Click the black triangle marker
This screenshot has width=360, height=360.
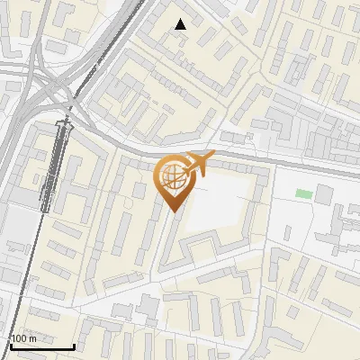click(180, 24)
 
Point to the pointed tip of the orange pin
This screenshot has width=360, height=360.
click(172, 211)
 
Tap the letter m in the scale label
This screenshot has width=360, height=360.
click(32, 338)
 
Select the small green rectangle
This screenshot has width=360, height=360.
click(304, 193)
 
